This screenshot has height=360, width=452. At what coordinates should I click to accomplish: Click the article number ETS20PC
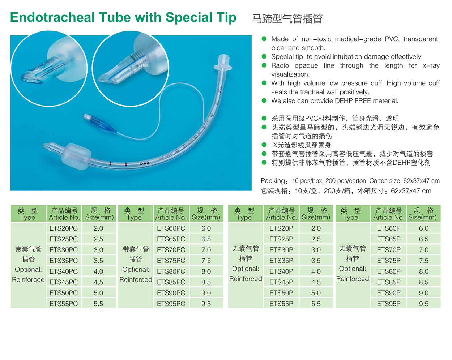64,228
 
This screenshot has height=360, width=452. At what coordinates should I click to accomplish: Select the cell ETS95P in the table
389,304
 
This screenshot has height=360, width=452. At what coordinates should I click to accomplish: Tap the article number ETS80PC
171,271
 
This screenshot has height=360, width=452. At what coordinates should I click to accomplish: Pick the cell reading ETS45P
281,282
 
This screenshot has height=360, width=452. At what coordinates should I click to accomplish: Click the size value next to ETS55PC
98,304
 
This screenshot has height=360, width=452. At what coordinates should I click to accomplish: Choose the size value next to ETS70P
423,250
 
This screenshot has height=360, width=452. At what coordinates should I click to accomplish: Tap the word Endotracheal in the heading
52,17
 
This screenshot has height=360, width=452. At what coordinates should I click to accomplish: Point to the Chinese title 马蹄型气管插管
287,19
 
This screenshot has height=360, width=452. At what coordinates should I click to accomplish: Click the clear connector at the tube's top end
223,64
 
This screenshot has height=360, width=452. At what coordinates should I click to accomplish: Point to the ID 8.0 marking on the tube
144,163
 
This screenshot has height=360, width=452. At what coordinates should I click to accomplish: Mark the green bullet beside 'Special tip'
264,56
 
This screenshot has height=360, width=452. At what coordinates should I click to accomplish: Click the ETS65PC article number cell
171,239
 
